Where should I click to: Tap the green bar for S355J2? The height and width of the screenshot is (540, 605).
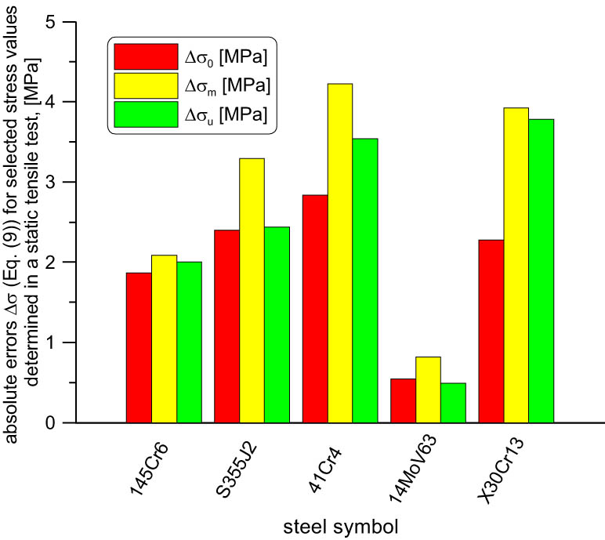click(277, 324)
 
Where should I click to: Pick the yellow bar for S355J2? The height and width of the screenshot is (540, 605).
click(252, 290)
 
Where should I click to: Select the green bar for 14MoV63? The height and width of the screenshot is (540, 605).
click(453, 403)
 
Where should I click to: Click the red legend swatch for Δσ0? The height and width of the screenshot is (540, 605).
click(146, 56)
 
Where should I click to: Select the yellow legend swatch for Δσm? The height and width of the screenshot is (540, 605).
click(146, 85)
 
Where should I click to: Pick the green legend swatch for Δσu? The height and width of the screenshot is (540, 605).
click(146, 114)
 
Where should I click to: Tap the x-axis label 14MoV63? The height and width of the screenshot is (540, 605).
click(412, 468)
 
